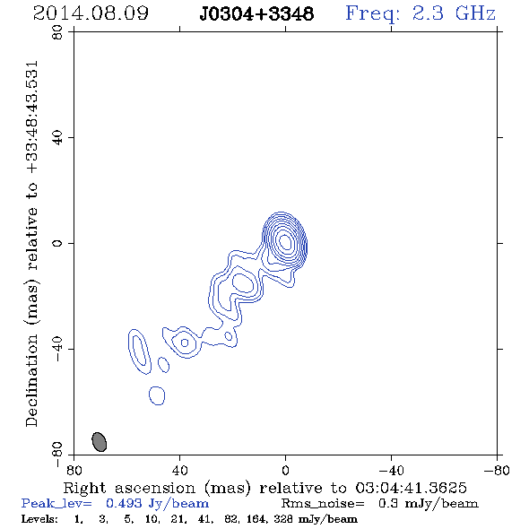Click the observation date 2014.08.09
(x=91, y=13)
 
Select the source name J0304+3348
(x=256, y=14)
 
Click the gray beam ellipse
(x=100, y=442)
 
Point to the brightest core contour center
(x=285, y=241)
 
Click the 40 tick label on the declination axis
(x=57, y=138)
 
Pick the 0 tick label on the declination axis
(x=57, y=243)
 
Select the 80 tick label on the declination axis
(x=57, y=32)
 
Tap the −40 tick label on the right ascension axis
(x=391, y=470)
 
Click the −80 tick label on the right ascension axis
(x=497, y=470)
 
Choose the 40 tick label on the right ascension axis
(x=179, y=470)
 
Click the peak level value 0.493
(x=124, y=503)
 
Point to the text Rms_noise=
(x=323, y=503)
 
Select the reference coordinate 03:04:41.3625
(x=411, y=488)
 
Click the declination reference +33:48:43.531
(x=32, y=117)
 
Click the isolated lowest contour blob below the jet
(x=157, y=395)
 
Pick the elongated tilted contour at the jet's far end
(x=139, y=351)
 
